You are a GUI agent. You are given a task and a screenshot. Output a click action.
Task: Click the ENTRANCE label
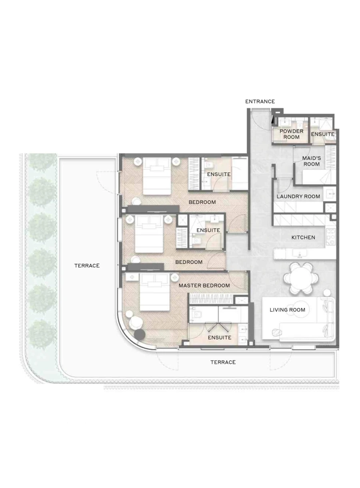click(260, 102)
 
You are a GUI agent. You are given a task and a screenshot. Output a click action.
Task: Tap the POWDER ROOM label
click(291, 134)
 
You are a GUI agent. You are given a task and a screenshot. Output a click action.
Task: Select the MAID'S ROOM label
click(311, 161)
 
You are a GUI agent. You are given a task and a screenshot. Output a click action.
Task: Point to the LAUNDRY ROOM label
click(298, 196)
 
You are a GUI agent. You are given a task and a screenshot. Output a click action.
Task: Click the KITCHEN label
click(303, 237)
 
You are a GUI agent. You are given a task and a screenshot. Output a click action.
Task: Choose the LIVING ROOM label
click(287, 310)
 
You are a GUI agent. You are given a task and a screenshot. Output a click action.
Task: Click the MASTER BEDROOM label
click(204, 285)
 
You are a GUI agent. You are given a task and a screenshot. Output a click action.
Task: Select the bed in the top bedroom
click(157, 176)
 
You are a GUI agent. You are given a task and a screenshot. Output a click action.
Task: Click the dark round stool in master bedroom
click(140, 335)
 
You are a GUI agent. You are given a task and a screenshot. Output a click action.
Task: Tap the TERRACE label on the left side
click(87, 265)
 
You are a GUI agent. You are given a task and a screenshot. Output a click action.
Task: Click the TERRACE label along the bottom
click(223, 362)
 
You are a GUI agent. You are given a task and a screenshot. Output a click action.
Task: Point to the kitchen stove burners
click(331, 237)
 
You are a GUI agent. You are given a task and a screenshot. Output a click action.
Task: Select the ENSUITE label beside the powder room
click(322, 134)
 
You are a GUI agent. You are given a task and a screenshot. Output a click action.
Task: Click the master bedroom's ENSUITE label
click(219, 338)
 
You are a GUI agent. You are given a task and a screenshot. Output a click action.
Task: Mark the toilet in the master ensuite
click(196, 315)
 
